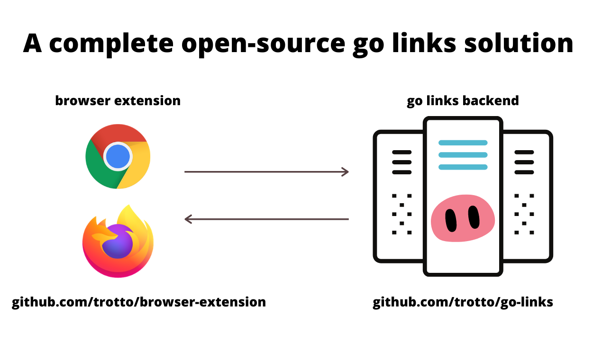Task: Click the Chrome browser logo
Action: pos(118,156)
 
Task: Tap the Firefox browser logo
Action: pos(118,242)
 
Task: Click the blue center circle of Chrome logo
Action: pos(118,157)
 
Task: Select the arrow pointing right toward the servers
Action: pos(266,171)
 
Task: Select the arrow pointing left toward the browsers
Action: pos(266,219)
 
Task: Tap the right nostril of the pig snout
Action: pos(474,217)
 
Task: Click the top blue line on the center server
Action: pos(463,143)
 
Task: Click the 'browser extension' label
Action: pos(118,101)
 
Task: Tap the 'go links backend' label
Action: pos(463,101)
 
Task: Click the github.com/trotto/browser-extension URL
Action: pos(139,302)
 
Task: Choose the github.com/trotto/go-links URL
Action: pos(463,302)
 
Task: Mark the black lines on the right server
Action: pos(524,162)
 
